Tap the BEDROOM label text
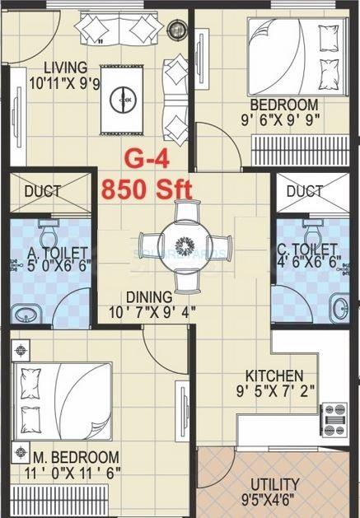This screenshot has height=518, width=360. [x=283, y=105]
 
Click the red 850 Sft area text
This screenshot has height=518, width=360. [x=147, y=188]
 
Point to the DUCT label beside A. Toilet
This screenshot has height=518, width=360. [x=42, y=192]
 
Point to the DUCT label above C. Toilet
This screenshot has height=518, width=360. [x=304, y=191]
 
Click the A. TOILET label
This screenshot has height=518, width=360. [x=50, y=250]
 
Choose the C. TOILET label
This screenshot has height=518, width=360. [x=307, y=249]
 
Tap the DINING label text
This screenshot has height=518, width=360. [x=149, y=297]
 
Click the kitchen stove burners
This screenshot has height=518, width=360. [x=334, y=418]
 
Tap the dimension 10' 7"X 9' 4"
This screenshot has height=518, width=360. [x=149, y=313]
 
